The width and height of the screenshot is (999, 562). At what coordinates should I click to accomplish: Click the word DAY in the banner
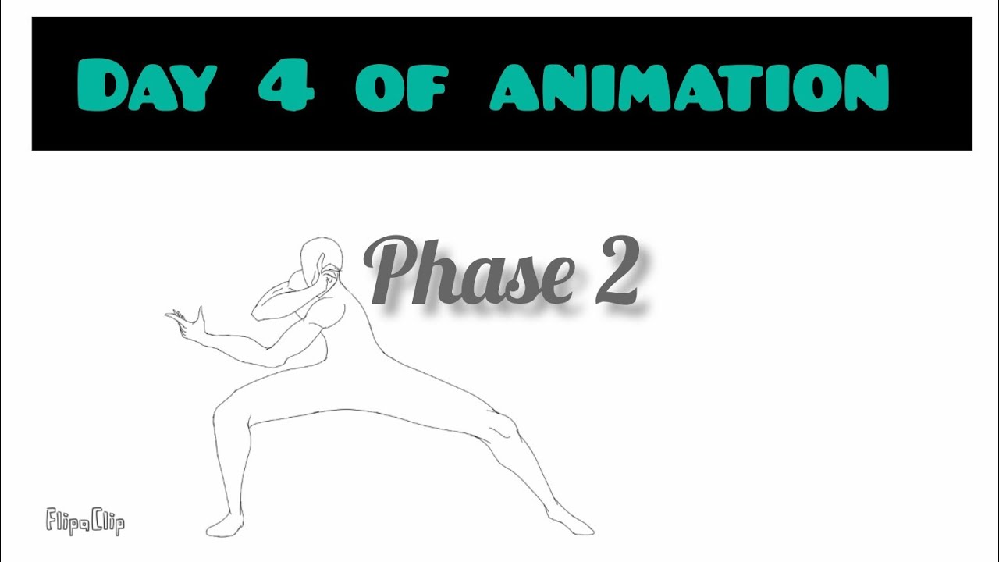pyautogui.click(x=147, y=87)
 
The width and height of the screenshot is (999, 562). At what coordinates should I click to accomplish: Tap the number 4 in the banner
pyautogui.click(x=286, y=86)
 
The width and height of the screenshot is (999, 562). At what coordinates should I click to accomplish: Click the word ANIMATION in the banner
pyautogui.click(x=690, y=87)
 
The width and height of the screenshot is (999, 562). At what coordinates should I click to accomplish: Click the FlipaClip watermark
pyautogui.click(x=85, y=521)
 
